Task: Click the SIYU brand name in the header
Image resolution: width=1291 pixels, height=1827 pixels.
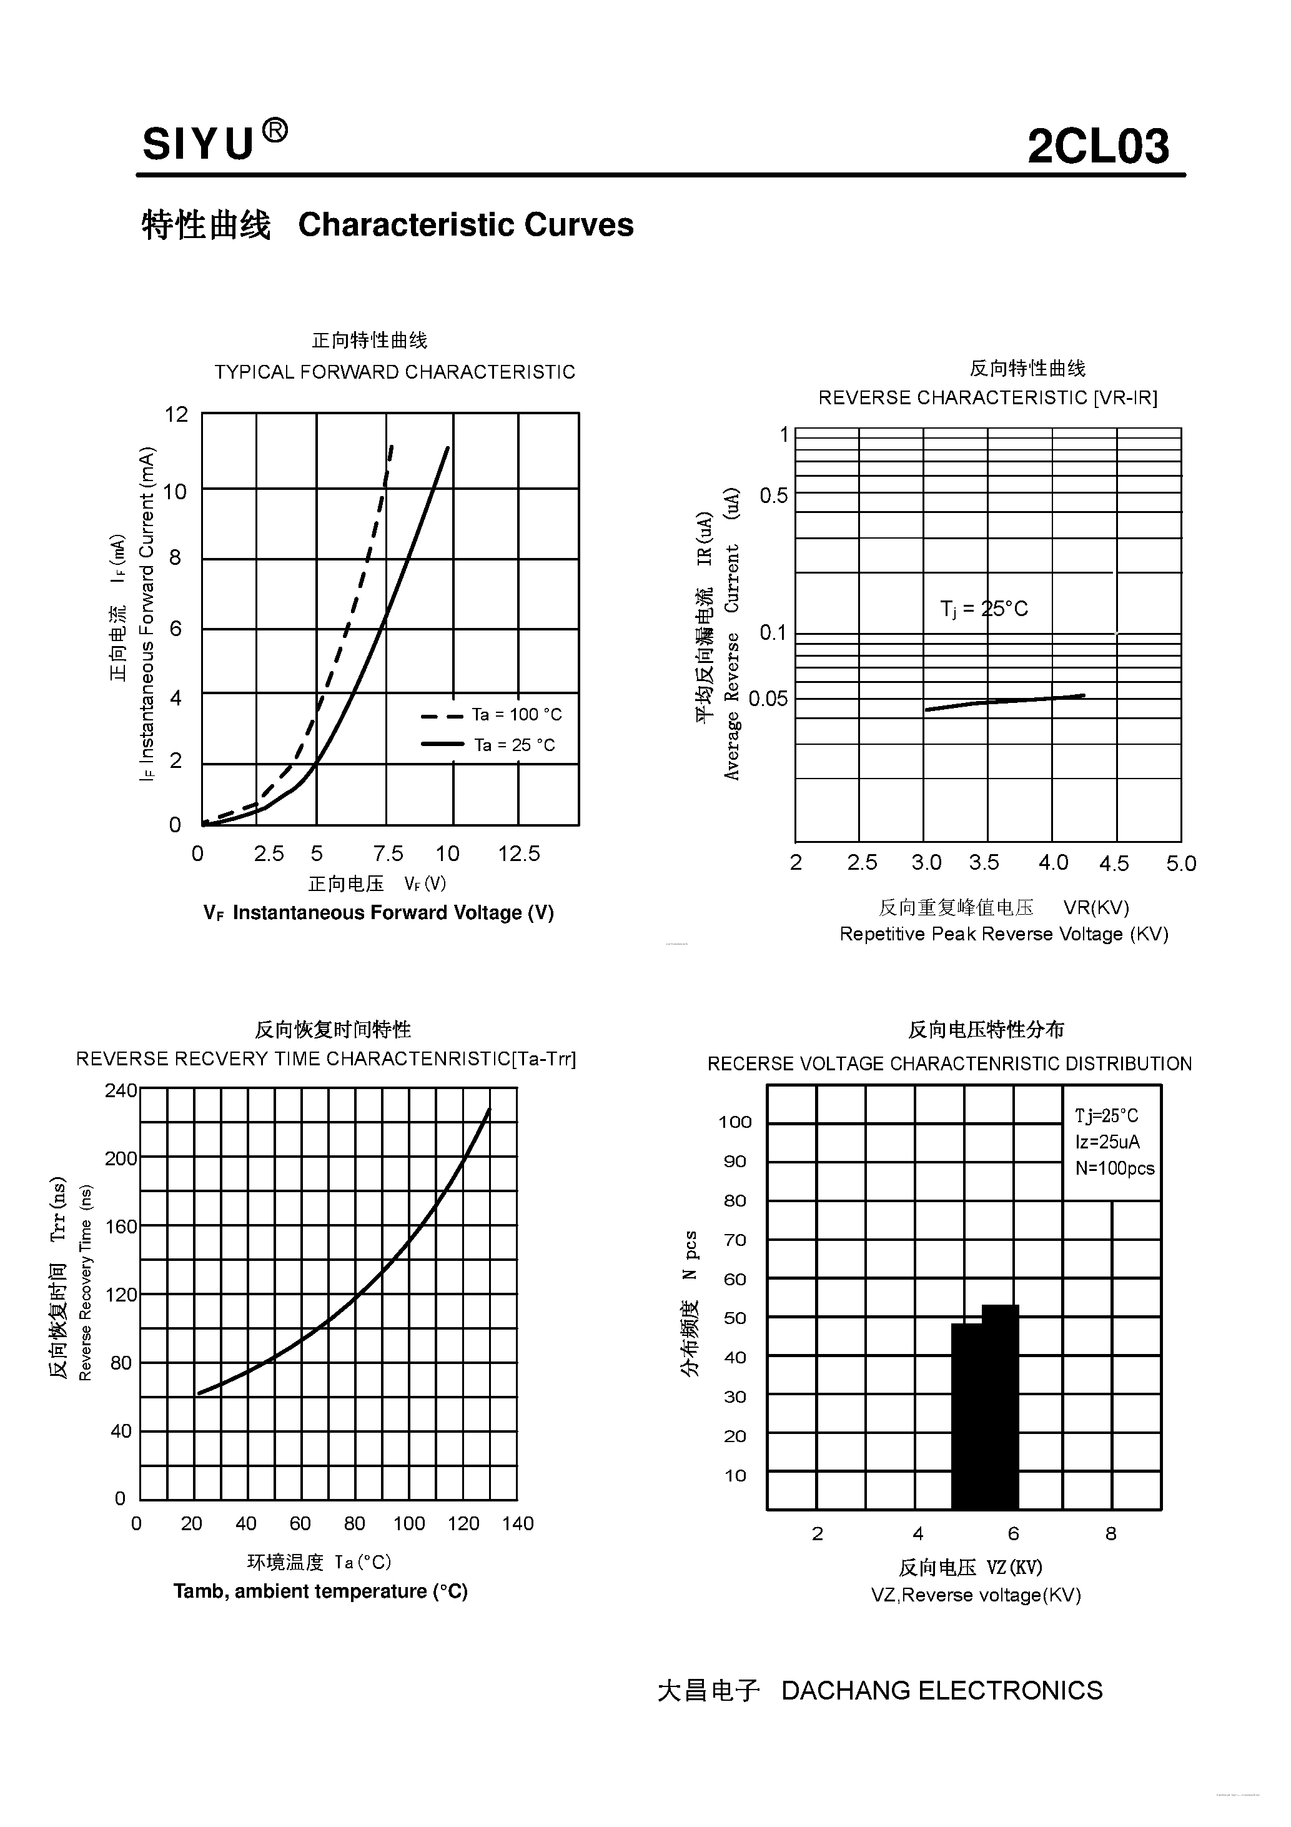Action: (199, 144)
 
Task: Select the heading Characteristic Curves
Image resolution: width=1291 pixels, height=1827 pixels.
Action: (465, 225)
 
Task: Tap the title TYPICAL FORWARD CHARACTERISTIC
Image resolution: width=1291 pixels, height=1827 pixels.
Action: (395, 372)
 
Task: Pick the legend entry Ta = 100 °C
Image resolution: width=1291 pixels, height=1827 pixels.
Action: (517, 715)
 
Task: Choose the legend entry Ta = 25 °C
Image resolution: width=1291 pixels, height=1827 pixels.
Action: (515, 745)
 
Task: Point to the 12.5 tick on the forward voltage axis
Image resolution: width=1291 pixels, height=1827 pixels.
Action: (518, 854)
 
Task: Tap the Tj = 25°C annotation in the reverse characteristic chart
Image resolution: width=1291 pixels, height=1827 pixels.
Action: (984, 609)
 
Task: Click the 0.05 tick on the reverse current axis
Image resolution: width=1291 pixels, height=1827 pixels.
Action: (768, 699)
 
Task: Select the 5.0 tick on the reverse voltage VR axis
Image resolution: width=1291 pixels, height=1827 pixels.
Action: (1181, 864)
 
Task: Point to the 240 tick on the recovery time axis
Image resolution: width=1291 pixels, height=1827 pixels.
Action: (121, 1090)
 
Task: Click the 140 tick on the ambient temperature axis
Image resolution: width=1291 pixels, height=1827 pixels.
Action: (518, 1523)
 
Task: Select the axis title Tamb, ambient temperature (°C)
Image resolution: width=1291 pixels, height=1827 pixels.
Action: (320, 1591)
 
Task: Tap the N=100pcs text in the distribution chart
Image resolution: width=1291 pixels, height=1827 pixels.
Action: (1114, 1168)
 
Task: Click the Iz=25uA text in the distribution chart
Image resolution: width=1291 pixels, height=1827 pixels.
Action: (1107, 1142)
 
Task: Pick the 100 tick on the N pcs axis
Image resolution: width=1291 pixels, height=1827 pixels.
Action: (735, 1122)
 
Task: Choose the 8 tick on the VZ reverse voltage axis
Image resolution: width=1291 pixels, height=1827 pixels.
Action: (1111, 1533)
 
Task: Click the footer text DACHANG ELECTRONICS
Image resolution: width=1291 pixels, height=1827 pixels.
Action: (942, 1691)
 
